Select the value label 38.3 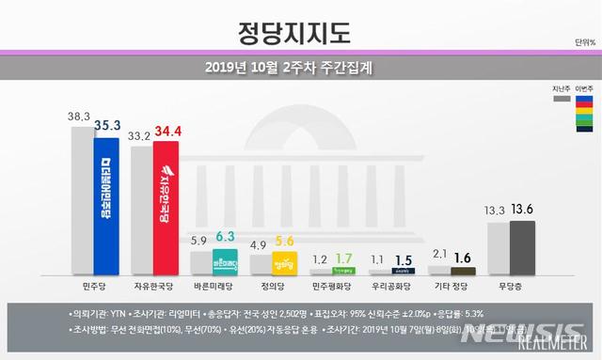[81, 116]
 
